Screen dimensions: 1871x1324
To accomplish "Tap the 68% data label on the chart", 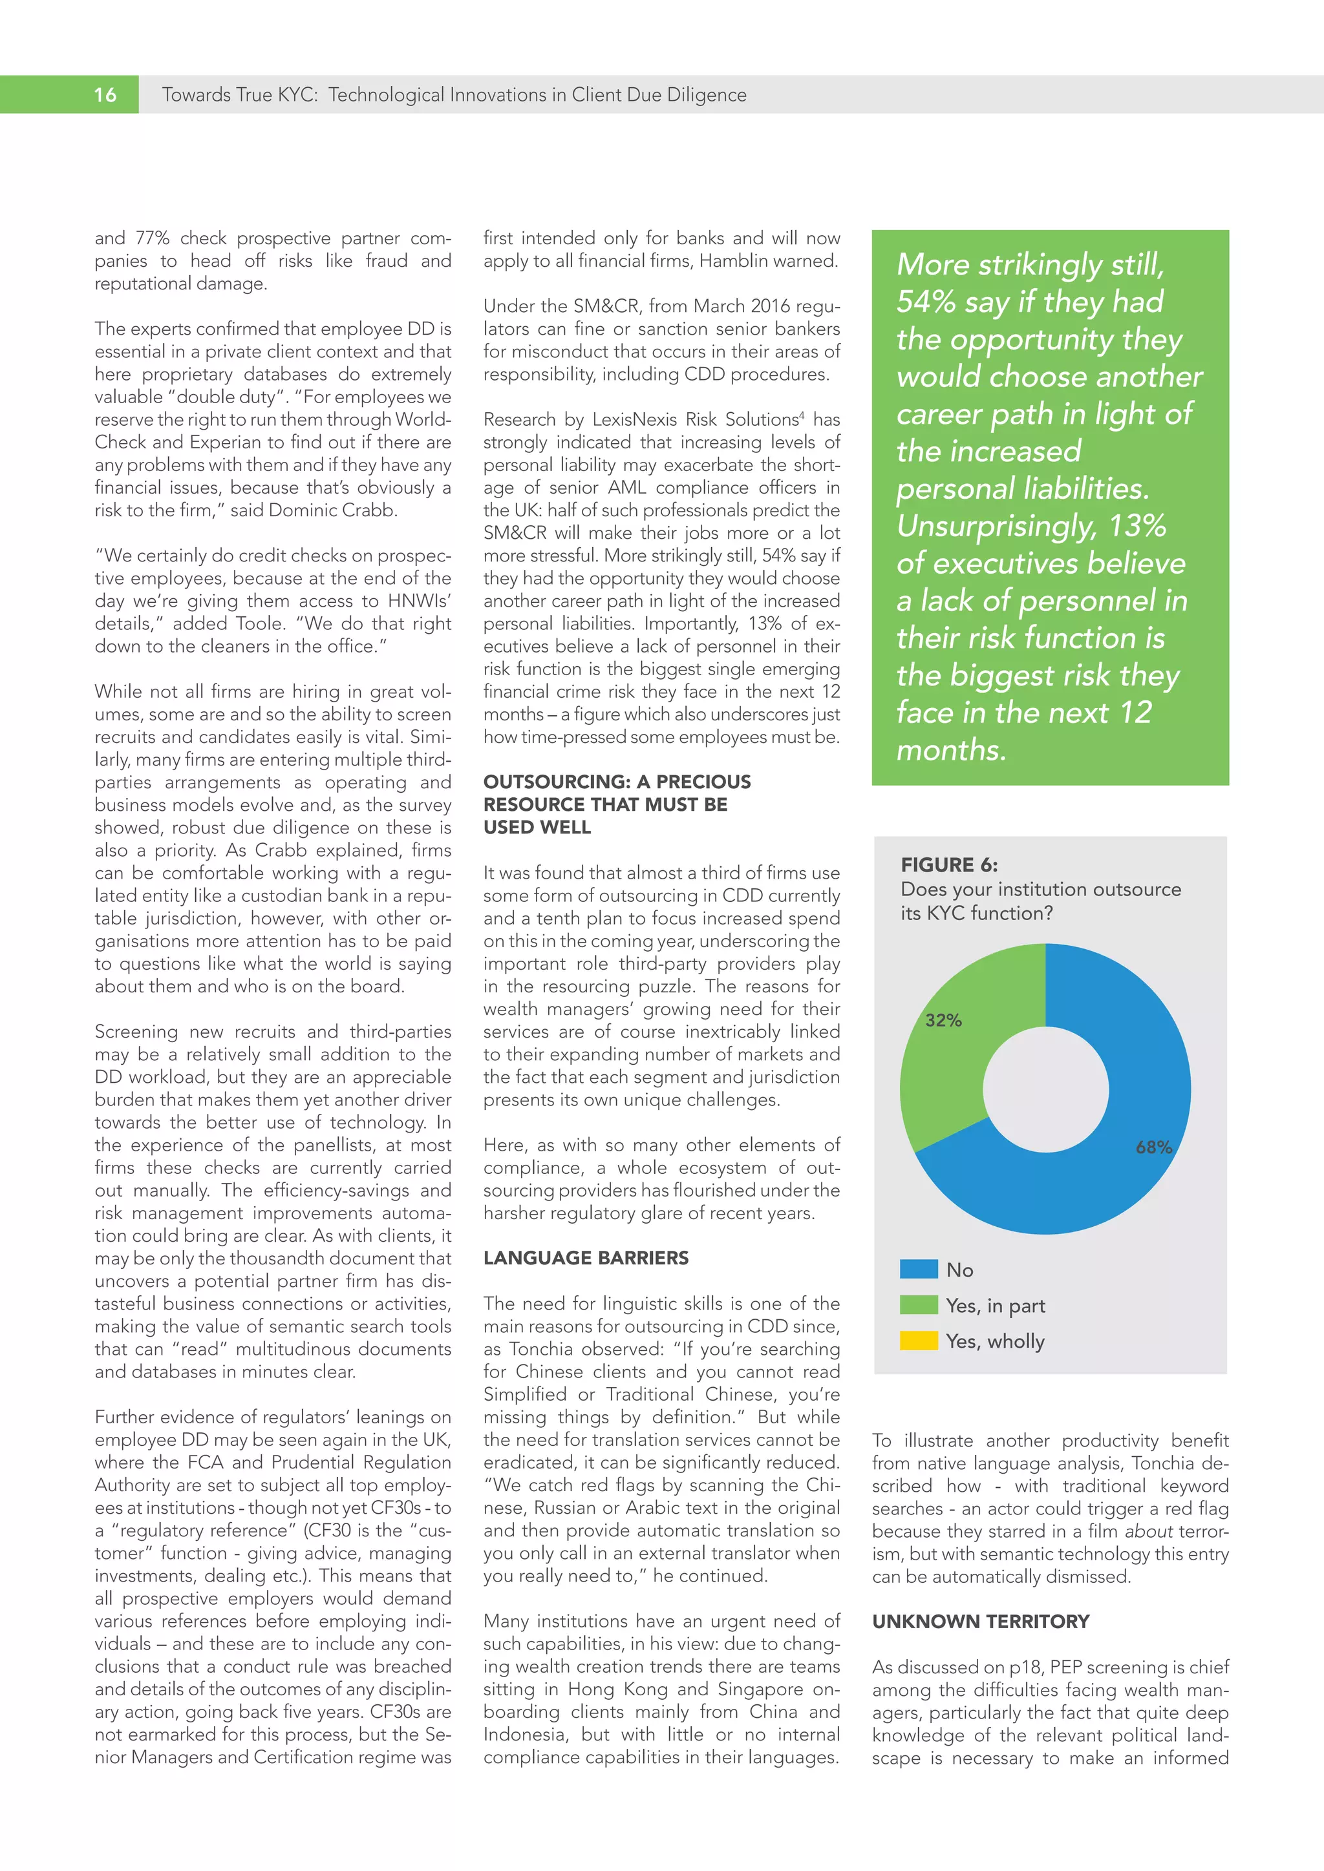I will tap(1153, 1147).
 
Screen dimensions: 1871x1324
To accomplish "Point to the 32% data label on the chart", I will tap(943, 1020).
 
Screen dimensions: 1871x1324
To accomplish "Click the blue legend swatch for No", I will tap(918, 1270).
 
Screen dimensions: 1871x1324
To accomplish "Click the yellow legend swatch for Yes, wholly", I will tap(918, 1341).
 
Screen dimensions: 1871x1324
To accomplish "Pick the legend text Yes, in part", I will tap(995, 1306).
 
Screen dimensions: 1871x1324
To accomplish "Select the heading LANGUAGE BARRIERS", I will tap(585, 1258).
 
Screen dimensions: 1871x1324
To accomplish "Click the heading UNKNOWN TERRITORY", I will tap(980, 1622).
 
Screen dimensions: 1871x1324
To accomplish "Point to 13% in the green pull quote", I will tap(1137, 527).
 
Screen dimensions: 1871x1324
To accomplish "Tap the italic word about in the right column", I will tap(1148, 1531).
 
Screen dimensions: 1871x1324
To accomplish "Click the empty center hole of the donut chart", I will tap(1045, 1089).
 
